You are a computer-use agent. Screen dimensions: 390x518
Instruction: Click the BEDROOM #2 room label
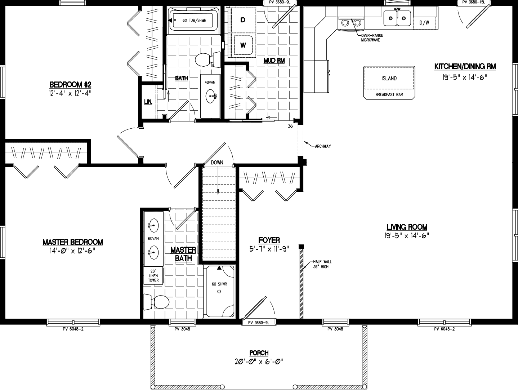(x=71, y=85)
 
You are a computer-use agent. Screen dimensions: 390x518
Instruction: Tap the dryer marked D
(x=243, y=20)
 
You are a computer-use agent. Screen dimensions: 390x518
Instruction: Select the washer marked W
(x=243, y=45)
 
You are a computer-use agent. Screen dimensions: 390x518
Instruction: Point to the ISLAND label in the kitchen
(x=389, y=78)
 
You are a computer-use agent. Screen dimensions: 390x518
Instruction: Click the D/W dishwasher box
(x=424, y=23)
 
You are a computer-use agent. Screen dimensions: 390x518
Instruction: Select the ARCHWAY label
(x=323, y=146)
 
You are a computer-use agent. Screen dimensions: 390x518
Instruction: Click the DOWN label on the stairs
(x=217, y=163)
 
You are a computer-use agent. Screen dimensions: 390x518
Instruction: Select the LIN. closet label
(x=148, y=102)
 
